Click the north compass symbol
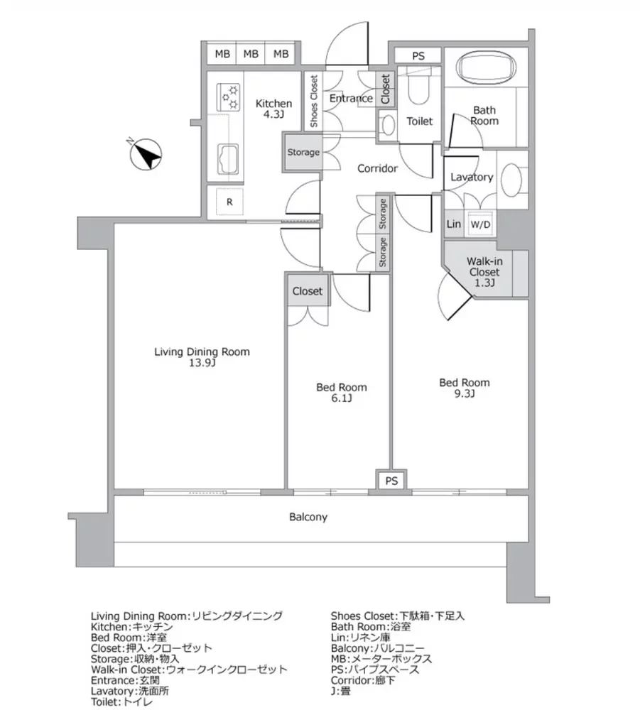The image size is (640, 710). click(146, 154)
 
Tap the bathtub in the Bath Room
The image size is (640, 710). click(487, 69)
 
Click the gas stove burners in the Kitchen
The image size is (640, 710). click(228, 97)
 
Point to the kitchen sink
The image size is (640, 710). click(229, 159)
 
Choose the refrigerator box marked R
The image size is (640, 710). click(229, 202)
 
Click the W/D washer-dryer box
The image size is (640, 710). click(480, 224)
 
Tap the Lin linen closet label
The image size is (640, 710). click(453, 224)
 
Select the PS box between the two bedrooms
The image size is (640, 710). click(391, 481)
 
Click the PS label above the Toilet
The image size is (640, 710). click(418, 56)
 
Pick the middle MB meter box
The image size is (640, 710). click(251, 55)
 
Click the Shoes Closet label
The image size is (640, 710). click(314, 101)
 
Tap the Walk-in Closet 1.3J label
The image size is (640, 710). click(484, 272)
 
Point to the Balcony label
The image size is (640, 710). click(308, 517)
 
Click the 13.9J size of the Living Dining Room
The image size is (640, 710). click(202, 363)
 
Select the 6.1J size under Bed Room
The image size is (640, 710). click(341, 398)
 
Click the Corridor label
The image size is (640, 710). click(377, 168)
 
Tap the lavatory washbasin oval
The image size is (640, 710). click(512, 180)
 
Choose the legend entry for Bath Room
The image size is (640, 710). click(371, 627)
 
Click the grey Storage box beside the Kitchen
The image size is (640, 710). click(303, 152)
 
